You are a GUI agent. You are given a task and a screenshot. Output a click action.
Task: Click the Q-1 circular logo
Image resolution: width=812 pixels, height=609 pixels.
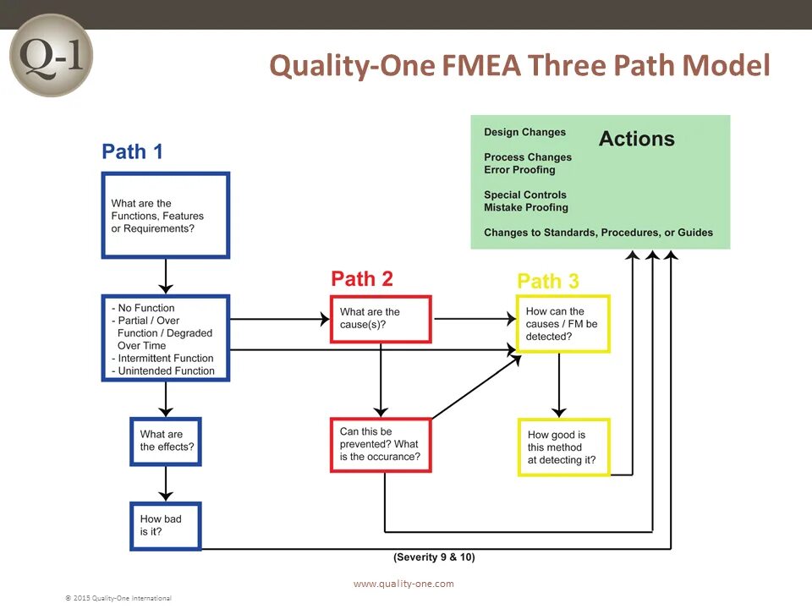tap(50, 55)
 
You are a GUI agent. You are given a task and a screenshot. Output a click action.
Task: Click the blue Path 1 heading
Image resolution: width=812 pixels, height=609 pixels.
tap(132, 151)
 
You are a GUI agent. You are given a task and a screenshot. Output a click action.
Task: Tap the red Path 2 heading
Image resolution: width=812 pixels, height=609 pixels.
tap(362, 278)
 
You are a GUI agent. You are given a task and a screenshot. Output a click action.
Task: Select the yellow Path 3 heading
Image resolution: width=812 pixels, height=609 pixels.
tap(548, 281)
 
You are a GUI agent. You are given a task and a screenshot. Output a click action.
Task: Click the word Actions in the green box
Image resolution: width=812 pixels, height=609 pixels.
tap(636, 140)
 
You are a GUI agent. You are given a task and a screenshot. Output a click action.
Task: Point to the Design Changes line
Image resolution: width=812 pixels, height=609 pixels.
tap(524, 132)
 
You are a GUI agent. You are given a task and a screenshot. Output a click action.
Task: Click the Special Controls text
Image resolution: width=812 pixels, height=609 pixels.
tap(524, 195)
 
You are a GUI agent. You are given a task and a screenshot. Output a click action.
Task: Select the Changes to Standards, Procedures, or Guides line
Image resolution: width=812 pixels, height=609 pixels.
tap(598, 233)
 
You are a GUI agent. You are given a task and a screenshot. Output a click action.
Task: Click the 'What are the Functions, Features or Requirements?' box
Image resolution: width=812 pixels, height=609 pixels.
tap(166, 216)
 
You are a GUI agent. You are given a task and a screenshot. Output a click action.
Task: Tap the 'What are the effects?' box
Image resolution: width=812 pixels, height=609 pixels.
tap(166, 441)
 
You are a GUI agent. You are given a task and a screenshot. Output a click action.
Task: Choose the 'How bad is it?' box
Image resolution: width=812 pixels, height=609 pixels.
tap(166, 525)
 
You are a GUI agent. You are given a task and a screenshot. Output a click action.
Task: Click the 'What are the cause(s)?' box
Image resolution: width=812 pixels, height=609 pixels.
tap(381, 318)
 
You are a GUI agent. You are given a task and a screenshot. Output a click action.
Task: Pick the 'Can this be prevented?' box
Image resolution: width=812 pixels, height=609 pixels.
tap(381, 444)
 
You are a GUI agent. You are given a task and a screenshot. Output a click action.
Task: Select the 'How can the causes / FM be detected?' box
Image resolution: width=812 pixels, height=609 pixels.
tap(562, 324)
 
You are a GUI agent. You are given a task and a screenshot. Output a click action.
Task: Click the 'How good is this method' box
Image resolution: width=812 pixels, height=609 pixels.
tap(563, 447)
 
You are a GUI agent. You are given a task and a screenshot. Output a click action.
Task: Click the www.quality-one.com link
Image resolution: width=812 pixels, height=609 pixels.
tap(403, 584)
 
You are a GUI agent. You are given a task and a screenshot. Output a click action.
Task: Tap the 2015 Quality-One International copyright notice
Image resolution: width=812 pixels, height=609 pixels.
tap(118, 598)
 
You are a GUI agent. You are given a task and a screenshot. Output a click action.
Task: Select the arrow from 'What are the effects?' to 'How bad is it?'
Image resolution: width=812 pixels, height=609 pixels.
tap(166, 484)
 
